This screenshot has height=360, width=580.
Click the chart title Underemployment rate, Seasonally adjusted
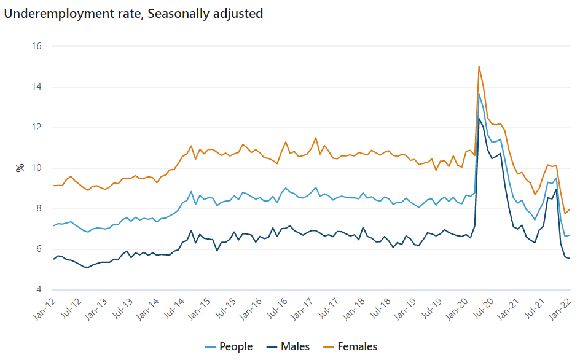[x=134, y=14]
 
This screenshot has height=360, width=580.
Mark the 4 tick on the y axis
[x=38, y=289]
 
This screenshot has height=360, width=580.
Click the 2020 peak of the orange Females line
[x=479, y=66]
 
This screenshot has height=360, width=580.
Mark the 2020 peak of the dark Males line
[x=479, y=119]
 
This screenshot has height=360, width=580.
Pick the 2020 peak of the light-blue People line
[x=479, y=94]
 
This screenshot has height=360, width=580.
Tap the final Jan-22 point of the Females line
[x=570, y=209]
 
